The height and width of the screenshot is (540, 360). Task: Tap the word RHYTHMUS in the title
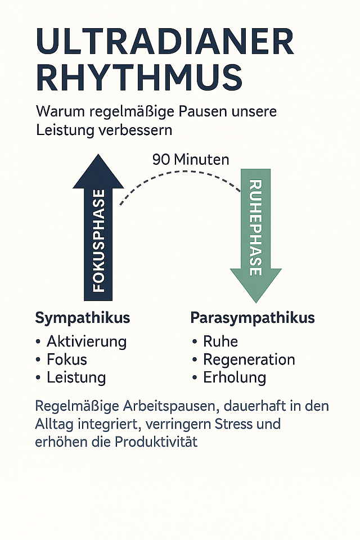(139, 78)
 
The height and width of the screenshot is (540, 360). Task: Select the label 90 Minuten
(191, 160)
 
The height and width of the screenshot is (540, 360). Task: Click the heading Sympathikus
(83, 318)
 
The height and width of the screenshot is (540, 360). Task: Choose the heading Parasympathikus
(253, 318)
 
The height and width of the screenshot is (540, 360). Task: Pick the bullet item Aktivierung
(87, 341)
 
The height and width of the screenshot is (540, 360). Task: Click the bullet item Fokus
(67, 359)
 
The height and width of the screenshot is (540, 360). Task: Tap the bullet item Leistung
(76, 377)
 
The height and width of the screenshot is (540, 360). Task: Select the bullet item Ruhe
(220, 341)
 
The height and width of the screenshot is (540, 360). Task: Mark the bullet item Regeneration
(249, 359)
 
